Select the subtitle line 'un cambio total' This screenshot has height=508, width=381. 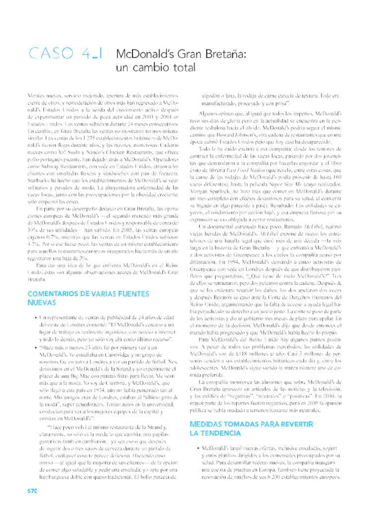[156, 67]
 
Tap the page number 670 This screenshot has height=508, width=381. [32, 491]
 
